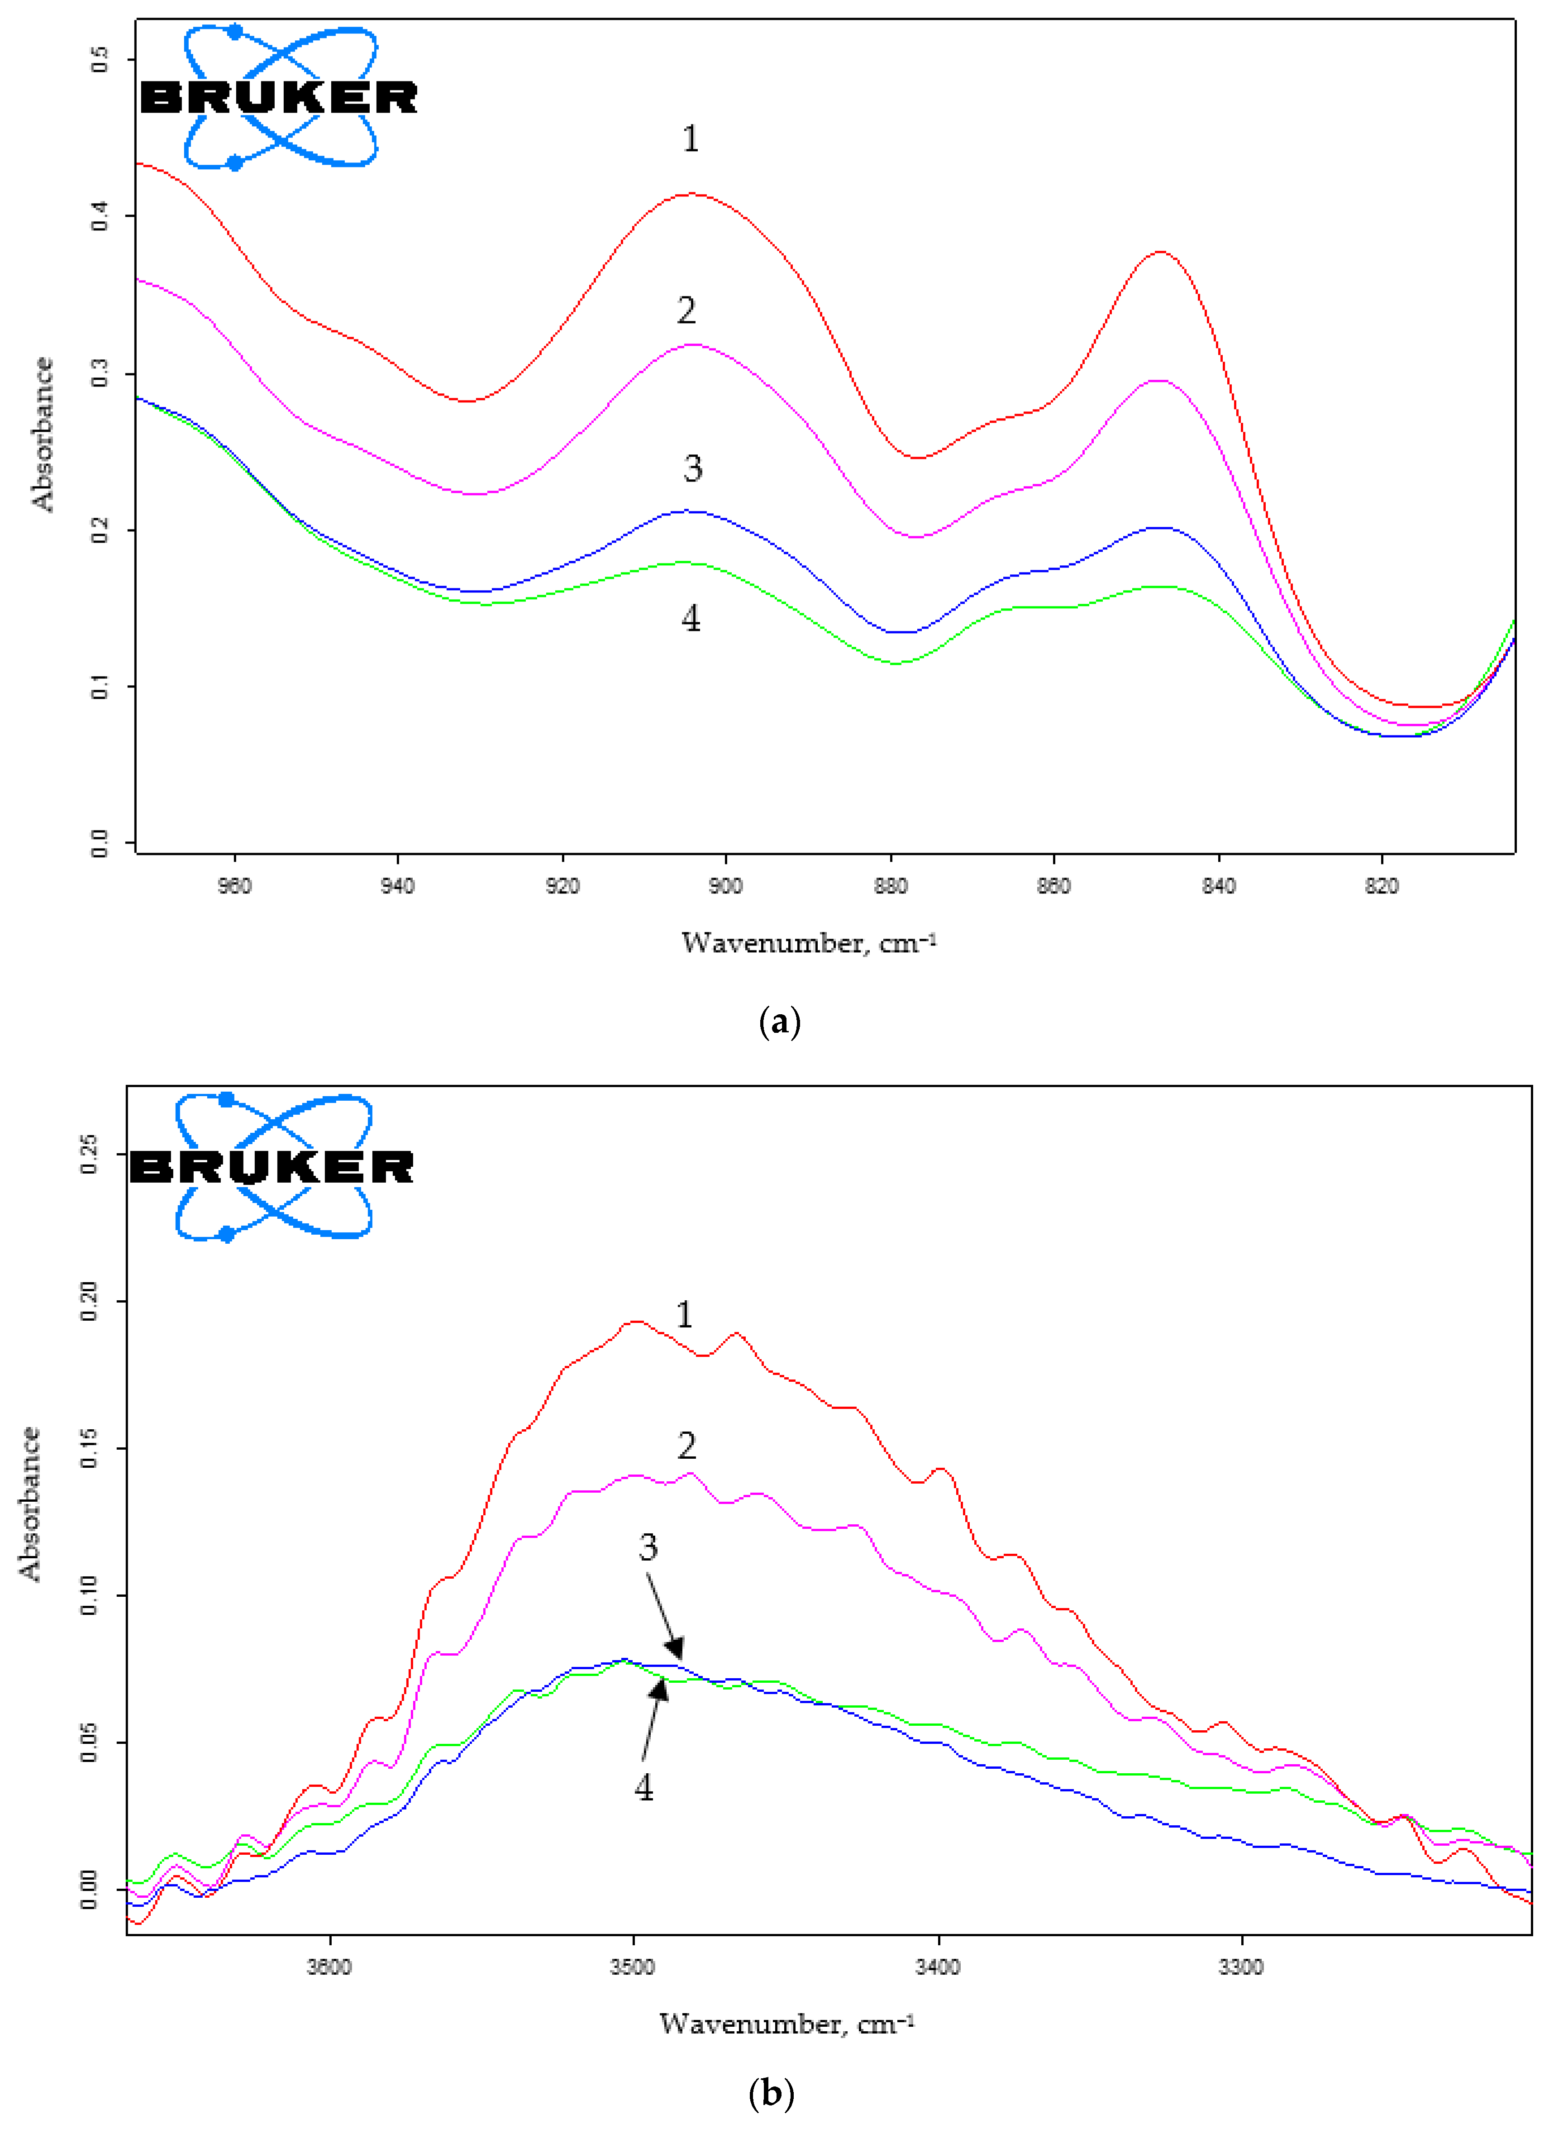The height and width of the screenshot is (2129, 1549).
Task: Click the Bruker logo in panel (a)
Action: click(279, 97)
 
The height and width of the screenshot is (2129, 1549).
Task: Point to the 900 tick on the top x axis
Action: click(726, 886)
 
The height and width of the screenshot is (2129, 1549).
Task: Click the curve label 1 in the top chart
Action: click(690, 139)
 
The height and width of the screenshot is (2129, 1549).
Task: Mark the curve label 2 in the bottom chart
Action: click(686, 1446)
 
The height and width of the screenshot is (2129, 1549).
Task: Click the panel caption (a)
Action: click(778, 1022)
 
